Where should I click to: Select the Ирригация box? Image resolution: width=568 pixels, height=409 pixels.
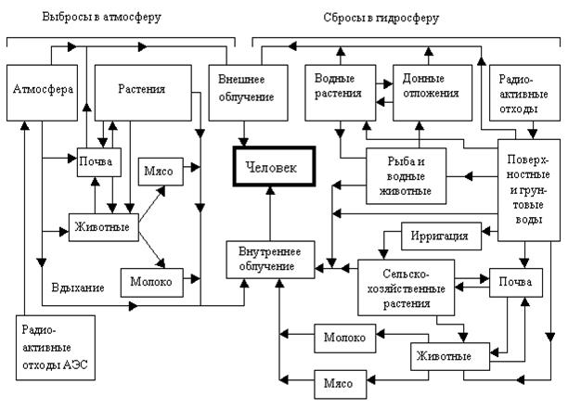pos(441,236)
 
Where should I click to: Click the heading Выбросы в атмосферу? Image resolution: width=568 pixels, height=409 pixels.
pos(89,18)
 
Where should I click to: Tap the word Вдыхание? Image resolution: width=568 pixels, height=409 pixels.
pos(78,288)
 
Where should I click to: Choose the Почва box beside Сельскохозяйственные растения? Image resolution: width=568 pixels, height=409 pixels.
pos(515,281)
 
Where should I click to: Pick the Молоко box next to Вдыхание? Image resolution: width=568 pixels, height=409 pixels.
pos(150,280)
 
